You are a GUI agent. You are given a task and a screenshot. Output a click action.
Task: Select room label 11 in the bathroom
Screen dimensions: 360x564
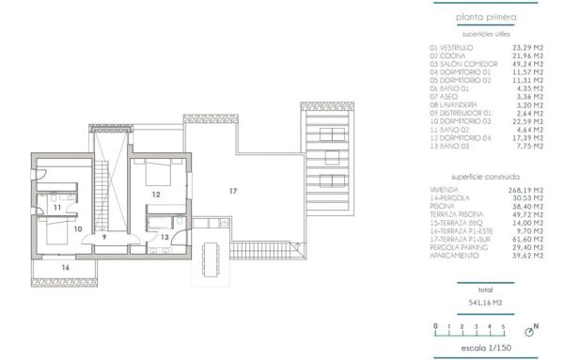57,206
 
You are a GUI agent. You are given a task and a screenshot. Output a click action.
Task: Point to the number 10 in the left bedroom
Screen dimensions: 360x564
78,227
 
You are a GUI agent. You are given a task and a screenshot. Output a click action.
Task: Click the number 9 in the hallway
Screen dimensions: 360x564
105,238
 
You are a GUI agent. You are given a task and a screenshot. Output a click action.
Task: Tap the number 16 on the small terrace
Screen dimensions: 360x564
66,268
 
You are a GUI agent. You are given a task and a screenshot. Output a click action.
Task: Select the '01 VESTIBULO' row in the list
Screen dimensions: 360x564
451,46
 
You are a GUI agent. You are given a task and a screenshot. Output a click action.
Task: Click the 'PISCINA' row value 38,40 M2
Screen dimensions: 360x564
523,205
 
